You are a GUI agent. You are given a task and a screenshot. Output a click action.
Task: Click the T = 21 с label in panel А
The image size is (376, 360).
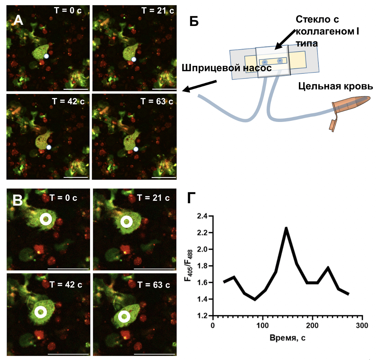click(157, 10)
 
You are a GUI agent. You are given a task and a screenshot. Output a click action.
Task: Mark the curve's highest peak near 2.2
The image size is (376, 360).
click(286, 228)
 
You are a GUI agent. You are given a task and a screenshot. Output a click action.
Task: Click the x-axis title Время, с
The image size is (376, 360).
click(287, 338)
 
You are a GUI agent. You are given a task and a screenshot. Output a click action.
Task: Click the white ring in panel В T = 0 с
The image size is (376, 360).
click(45, 220)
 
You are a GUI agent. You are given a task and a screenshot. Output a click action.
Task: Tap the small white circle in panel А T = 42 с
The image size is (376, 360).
click(49, 147)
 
